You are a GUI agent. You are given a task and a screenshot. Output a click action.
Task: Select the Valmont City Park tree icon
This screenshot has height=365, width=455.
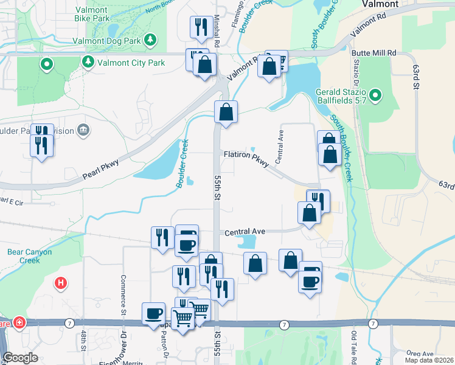[x=88, y=61]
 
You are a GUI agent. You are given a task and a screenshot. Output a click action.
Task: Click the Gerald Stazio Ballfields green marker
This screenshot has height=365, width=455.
[x=375, y=95]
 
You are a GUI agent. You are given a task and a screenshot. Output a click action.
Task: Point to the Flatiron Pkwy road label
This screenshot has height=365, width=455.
[x=246, y=159]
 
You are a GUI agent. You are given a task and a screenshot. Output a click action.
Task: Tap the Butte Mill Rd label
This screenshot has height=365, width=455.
[x=373, y=54]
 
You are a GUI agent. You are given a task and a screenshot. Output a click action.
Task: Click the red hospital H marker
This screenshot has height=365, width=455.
[x=60, y=283]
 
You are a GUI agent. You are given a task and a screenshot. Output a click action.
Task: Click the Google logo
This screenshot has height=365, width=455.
[x=20, y=358]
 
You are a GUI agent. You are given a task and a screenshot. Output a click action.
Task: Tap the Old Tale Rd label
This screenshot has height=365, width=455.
[x=353, y=344]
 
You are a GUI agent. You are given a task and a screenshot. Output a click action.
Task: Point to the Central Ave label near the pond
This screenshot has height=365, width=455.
[x=245, y=232]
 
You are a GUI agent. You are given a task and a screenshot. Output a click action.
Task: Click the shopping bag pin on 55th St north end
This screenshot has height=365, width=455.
[x=226, y=112]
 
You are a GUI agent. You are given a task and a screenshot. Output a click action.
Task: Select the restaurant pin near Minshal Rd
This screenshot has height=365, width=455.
[x=200, y=27]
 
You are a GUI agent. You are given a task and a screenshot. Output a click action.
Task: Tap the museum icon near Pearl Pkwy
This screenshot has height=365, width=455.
[x=84, y=130]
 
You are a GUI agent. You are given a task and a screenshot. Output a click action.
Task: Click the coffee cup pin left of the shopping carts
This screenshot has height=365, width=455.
[x=153, y=314]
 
